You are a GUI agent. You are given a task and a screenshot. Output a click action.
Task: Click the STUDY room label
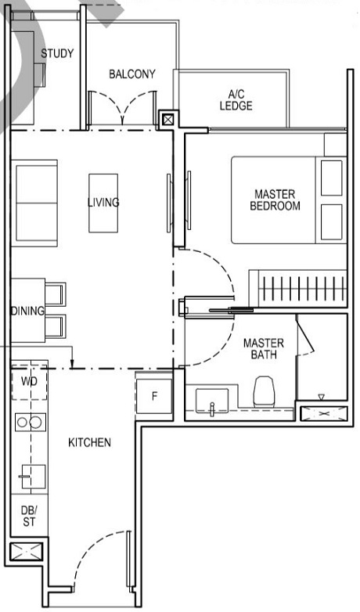point(57,54)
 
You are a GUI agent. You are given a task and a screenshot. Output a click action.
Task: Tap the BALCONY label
point(131,74)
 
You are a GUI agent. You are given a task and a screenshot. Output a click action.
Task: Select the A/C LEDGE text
point(236,99)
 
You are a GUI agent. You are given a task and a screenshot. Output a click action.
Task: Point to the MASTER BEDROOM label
point(275,200)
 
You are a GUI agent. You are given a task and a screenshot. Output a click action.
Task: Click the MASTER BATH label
point(263,349)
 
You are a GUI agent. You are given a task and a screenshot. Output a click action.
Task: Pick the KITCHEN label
point(89,442)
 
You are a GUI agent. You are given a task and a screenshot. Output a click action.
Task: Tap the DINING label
point(27,311)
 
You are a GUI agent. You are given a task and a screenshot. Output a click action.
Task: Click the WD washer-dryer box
point(30,382)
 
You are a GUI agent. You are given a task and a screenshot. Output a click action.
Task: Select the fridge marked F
point(154,395)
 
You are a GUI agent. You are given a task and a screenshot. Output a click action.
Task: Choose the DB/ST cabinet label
point(28,517)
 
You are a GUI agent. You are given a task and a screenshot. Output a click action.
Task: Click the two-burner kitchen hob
point(30,423)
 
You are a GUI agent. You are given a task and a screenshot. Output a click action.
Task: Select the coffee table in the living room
point(103,203)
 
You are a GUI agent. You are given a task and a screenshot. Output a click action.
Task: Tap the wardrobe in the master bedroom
point(297,288)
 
